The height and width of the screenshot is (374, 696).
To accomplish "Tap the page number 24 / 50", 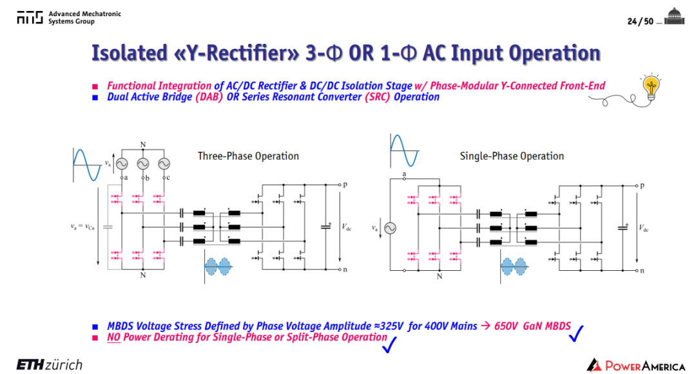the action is pyautogui.click(x=640, y=21).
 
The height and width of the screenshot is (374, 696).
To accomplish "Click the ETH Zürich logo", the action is pyautogui.click(x=49, y=365).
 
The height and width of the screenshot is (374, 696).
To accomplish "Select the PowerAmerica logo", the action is pyautogui.click(x=635, y=365).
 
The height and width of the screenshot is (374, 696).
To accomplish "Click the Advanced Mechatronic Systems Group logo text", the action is pyautogui.click(x=84, y=17).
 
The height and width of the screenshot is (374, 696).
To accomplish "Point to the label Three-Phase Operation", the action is pyautogui.click(x=248, y=156).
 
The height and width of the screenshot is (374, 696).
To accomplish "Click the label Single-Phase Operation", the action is pyautogui.click(x=512, y=156).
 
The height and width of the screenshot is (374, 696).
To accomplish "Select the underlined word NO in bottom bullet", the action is pyautogui.click(x=113, y=337).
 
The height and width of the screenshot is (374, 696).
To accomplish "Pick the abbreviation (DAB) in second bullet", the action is pyautogui.click(x=209, y=97).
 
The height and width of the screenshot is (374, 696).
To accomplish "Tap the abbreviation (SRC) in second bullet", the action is pyautogui.click(x=377, y=97).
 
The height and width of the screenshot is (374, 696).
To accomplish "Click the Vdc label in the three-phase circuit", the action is pyautogui.click(x=346, y=227).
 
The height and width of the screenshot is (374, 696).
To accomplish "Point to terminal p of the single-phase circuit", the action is pyautogui.click(x=642, y=186).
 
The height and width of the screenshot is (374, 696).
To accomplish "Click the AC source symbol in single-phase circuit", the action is pyautogui.click(x=390, y=228).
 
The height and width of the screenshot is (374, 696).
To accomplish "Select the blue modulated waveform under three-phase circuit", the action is pyautogui.click(x=218, y=266).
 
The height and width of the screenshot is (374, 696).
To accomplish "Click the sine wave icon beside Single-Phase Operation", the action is pyautogui.click(x=404, y=151).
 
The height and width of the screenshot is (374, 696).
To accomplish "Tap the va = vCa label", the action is pyautogui.click(x=82, y=227).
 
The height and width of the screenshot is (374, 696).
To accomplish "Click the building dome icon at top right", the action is pyautogui.click(x=675, y=16).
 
